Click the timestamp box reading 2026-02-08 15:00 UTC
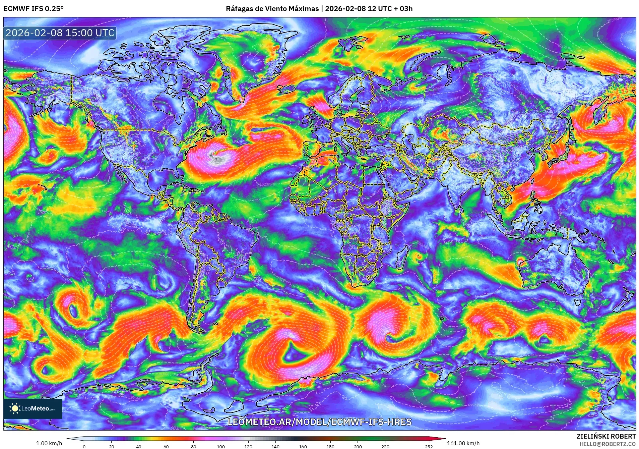tap(60, 33)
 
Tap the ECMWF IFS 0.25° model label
tap(34, 9)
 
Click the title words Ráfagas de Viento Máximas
tap(272, 9)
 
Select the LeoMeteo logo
tap(33, 408)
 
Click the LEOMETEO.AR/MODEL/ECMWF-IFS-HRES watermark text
tap(319, 422)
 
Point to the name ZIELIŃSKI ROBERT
tap(606, 436)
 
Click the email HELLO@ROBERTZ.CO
tap(607, 444)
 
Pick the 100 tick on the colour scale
tap(220, 446)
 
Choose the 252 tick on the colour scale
tap(429, 446)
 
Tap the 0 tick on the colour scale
tap(84, 446)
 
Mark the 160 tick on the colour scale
tap(303, 446)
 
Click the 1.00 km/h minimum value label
tap(49, 443)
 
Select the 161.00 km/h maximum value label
tap(463, 443)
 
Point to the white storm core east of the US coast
tap(215, 156)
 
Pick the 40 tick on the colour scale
tap(139, 446)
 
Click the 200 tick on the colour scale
tap(358, 446)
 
